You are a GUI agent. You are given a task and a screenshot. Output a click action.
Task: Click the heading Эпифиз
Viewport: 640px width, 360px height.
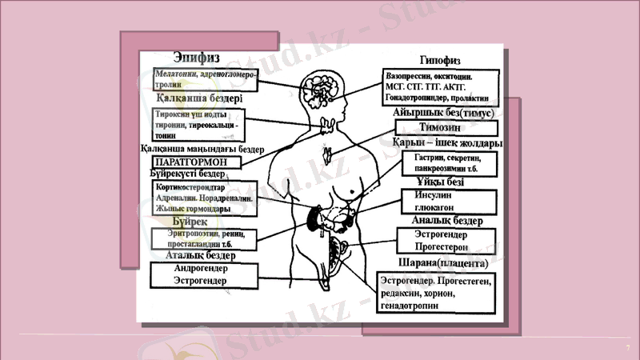tap(197, 58)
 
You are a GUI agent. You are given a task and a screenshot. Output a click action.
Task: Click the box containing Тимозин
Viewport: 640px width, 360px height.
tap(446, 127)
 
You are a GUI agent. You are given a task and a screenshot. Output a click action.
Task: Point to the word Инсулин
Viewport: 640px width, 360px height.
tap(437, 197)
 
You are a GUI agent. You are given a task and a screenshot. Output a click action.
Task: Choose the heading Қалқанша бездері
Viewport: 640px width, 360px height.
tap(199, 98)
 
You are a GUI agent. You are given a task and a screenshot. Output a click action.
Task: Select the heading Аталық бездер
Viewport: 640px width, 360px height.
tap(201, 255)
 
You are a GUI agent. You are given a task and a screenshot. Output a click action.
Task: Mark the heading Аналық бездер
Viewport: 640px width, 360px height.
tap(446, 220)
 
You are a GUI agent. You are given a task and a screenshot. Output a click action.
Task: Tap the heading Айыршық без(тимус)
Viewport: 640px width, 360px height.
tap(446, 114)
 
